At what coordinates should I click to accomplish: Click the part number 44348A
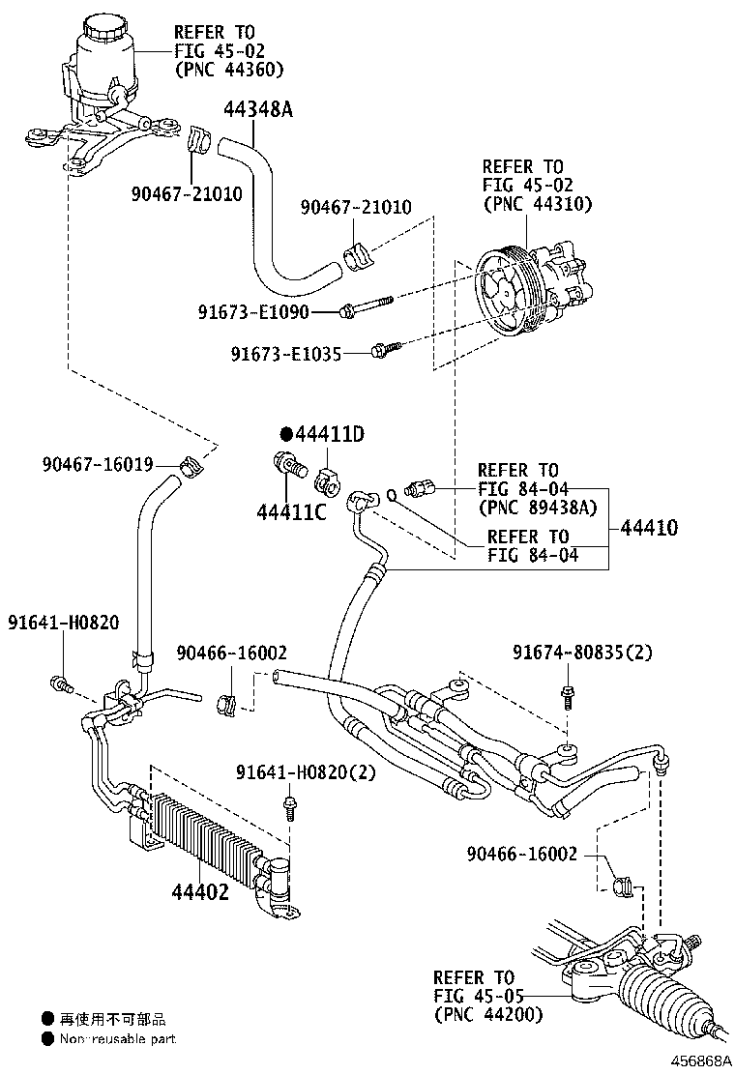[x=258, y=109]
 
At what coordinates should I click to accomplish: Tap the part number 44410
[x=649, y=528]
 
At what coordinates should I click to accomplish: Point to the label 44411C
[x=291, y=509]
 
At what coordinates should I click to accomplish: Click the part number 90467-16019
[x=97, y=465]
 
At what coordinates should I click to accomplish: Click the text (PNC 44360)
[x=229, y=69]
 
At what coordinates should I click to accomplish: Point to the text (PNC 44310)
[x=537, y=204]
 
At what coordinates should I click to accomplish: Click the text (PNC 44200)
[x=487, y=1014]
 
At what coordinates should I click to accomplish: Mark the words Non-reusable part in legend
[x=118, y=1039]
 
